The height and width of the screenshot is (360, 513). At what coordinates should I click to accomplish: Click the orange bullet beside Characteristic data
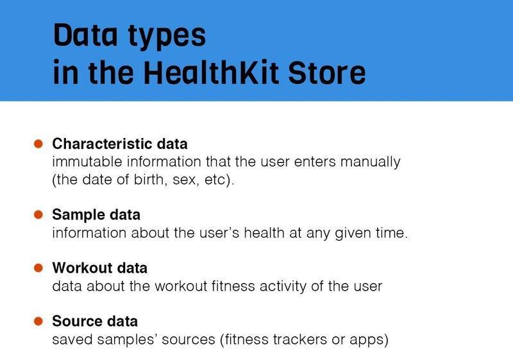pos(38,143)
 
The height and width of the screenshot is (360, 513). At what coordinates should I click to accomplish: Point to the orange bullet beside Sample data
pos(38,214)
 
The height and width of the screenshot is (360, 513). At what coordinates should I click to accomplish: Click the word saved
pos(69,339)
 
